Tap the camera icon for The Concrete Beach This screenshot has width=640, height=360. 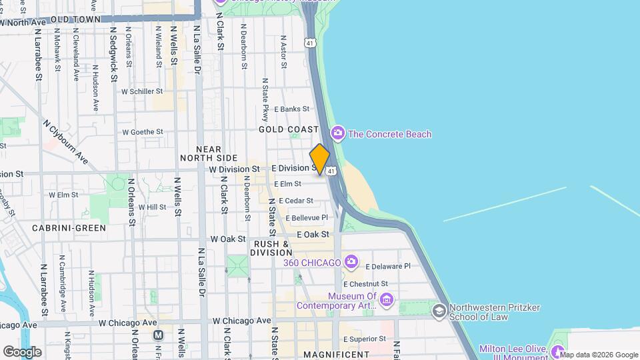pyautogui.click(x=338, y=134)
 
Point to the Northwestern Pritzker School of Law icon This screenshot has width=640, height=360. pyautogui.click(x=439, y=311)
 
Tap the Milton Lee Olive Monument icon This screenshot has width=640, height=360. pyautogui.click(x=558, y=350)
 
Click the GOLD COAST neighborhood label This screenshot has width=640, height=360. pyautogui.click(x=288, y=129)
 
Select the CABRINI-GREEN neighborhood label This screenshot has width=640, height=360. pyautogui.click(x=69, y=228)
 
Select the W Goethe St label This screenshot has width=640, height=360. pyautogui.click(x=143, y=132)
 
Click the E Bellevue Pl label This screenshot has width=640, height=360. pyautogui.click(x=307, y=217)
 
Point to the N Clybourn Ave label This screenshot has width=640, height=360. pyautogui.click(x=65, y=142)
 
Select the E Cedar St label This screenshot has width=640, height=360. pyautogui.click(x=296, y=200)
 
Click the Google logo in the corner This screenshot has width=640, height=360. pyautogui.click(x=22, y=351)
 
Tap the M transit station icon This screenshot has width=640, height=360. pyautogui.click(x=158, y=335)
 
